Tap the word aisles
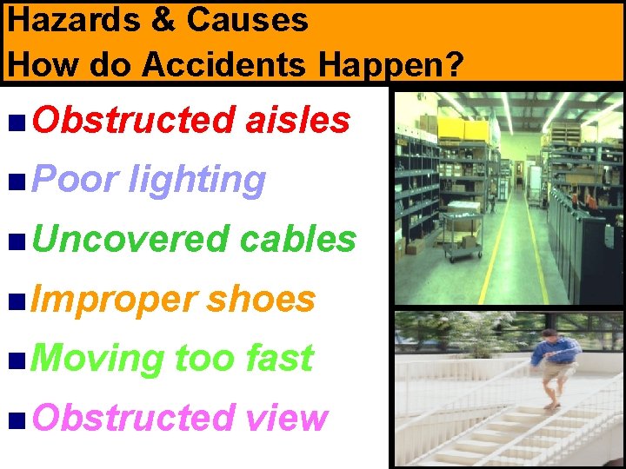click(298, 121)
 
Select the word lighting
click(196, 180)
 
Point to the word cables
click(297, 239)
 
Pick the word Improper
click(115, 299)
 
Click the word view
click(286, 418)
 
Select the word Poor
click(76, 180)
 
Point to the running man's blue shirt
click(556, 351)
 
